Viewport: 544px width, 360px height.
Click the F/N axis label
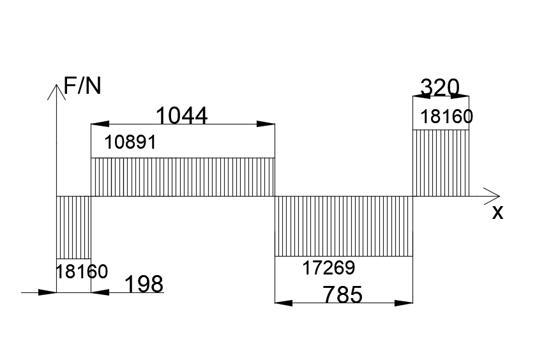coord(82,86)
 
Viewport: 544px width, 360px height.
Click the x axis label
coord(497,213)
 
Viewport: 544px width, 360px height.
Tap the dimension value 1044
coord(182,116)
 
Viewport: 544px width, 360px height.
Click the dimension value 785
coord(343,294)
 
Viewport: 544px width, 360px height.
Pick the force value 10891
coord(130,142)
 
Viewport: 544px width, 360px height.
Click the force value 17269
coord(329,267)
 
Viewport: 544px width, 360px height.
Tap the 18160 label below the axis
coord(82,271)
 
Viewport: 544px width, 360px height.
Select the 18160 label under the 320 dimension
coord(447,117)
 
